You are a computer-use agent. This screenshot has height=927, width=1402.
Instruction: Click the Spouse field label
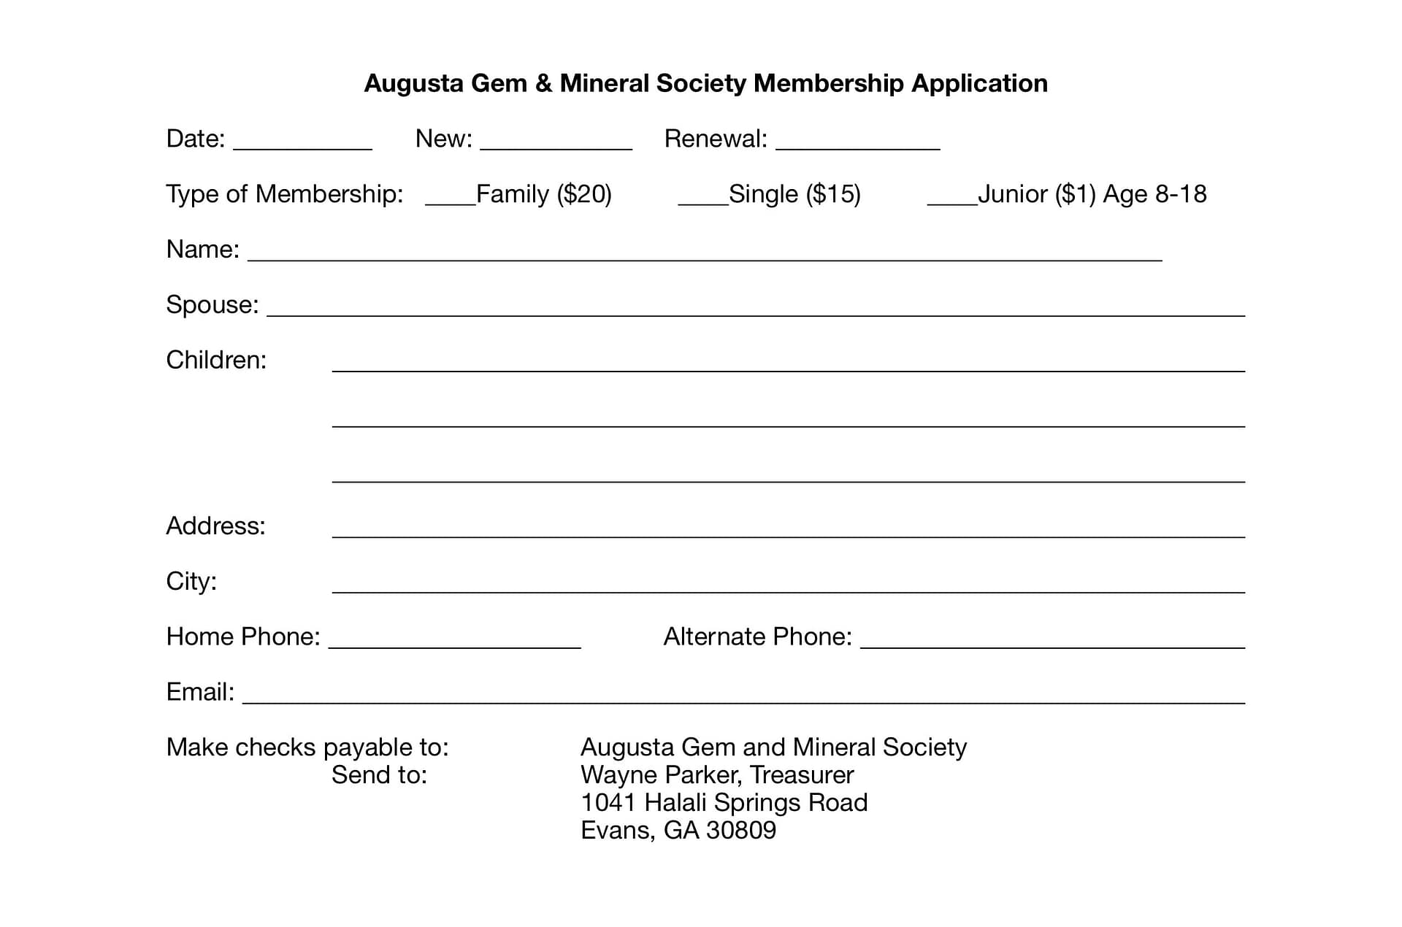pos(212,304)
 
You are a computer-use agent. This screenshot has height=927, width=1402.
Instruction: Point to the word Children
pos(215,360)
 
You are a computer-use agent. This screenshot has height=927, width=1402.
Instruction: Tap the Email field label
pos(199,691)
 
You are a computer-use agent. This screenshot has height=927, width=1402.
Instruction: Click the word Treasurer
pos(802,774)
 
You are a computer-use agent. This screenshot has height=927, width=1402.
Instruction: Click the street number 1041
pos(608,802)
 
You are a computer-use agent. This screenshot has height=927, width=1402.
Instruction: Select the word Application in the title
pos(979,83)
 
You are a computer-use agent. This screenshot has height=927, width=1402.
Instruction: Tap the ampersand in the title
pos(543,83)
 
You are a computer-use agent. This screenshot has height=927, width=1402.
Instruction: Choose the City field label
pos(191,581)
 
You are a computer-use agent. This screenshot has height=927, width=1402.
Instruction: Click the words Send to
pos(379,774)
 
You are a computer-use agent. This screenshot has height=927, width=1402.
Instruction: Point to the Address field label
pos(215,526)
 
